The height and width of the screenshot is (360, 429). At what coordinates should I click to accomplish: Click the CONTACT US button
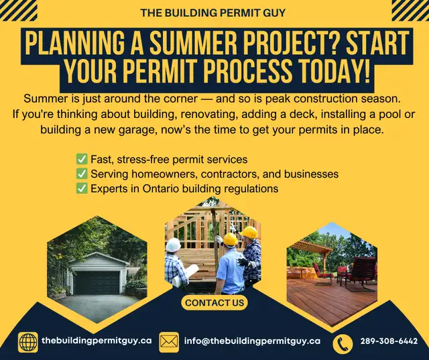pos(214,302)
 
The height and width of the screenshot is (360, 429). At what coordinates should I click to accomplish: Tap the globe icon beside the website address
pos(28,342)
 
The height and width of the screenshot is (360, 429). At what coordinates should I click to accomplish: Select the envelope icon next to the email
pos(169,342)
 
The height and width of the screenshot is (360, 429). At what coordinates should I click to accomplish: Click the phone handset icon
pos(343,344)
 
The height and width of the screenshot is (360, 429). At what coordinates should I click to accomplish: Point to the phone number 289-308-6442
pos(389,341)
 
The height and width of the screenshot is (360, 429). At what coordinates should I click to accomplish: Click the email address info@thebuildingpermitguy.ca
pos(252,341)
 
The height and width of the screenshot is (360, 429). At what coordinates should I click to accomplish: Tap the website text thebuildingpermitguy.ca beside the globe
pos(97,341)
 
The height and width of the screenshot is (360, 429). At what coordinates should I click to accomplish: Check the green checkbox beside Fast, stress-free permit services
pos(82,159)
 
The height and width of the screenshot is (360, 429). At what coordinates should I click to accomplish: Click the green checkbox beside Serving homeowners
pos(82,174)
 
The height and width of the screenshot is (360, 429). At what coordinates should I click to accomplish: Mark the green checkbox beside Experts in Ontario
pos(82,188)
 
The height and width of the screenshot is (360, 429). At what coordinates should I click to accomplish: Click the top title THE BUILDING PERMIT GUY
pos(213,13)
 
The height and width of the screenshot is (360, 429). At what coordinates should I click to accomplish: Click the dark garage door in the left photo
pos(97,283)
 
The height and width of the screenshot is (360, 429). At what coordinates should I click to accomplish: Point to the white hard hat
pos(174,245)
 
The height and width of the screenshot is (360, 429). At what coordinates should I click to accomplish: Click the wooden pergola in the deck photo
pos(312,251)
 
